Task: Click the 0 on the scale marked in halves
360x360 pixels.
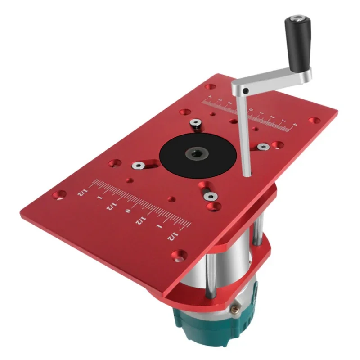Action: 129,211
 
